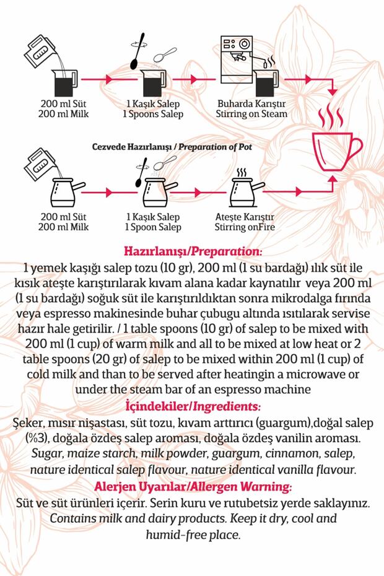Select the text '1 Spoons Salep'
point(152,114)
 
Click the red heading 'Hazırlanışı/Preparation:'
point(193,252)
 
